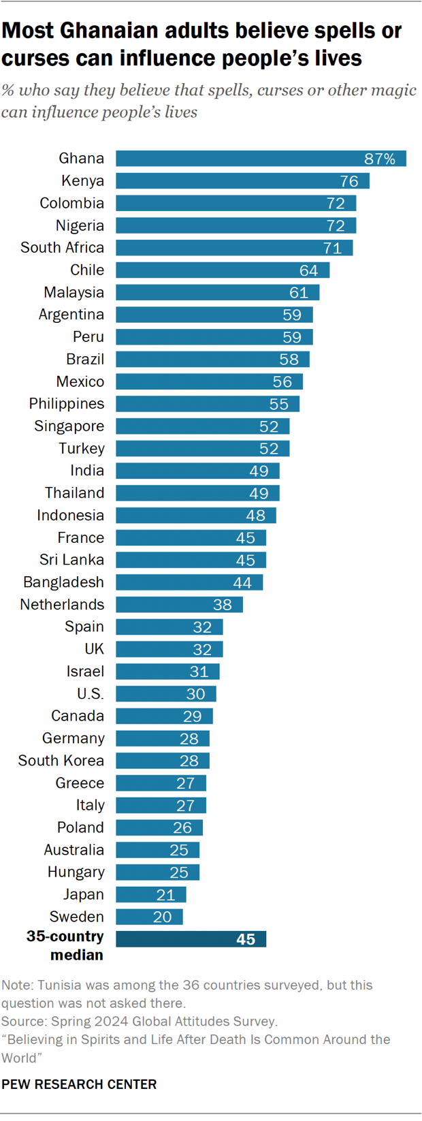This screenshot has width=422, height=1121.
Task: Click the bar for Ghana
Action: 261,159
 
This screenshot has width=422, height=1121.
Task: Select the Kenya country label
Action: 82,180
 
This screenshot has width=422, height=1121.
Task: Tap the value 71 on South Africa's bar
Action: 332,248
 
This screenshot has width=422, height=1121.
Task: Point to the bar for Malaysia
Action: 217,293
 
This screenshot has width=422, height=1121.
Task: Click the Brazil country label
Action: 85,359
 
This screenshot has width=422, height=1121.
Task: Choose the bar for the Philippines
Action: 208,404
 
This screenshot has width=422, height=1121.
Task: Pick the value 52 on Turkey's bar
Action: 269,449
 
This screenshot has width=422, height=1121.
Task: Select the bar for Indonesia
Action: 195,516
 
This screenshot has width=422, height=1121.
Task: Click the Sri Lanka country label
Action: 71,560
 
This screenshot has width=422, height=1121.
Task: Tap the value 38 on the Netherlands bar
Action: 223,605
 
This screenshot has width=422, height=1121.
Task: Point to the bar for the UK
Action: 169,649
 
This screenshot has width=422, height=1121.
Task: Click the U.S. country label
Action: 90,694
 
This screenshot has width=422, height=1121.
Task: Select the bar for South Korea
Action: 162,761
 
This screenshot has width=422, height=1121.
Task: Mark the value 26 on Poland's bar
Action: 182,827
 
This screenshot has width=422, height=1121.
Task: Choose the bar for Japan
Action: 150,894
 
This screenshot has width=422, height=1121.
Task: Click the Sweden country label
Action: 76,917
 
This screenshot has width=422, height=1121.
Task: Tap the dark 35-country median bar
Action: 191,939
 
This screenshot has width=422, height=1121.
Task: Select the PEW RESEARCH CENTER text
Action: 79,1084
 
